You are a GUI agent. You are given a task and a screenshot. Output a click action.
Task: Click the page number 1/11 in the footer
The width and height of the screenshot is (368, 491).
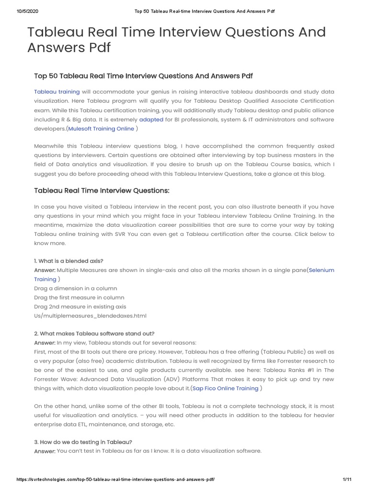click(x=347, y=479)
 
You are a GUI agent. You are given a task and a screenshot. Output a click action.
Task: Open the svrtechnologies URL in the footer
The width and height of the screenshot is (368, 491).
click(x=115, y=479)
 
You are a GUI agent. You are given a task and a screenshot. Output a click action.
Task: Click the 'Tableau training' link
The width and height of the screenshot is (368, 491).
click(x=50, y=92)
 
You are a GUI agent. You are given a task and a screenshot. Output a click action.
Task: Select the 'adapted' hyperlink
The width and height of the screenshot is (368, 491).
click(x=151, y=119)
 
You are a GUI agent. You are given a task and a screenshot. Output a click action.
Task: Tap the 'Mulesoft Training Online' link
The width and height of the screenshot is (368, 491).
click(x=101, y=129)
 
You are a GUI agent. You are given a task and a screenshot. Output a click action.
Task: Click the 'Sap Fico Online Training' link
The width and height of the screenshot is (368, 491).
click(x=225, y=388)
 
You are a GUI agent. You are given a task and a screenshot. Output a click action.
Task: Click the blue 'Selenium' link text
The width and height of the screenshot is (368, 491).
click(x=322, y=270)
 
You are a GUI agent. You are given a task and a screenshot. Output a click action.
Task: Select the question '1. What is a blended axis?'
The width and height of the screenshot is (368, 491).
click(x=69, y=261)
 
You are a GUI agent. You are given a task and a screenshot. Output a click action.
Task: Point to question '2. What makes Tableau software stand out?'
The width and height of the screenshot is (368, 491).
click(x=94, y=333)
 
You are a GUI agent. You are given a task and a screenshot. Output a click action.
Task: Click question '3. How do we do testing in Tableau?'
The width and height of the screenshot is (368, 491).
click(x=83, y=442)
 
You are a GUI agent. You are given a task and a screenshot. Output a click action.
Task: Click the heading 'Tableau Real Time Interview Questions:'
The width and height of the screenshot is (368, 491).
click(x=102, y=190)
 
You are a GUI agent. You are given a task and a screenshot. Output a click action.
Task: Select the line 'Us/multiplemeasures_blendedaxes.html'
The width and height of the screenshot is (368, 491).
click(x=90, y=316)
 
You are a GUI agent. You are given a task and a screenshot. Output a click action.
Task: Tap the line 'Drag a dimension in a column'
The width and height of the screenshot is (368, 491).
click(x=75, y=288)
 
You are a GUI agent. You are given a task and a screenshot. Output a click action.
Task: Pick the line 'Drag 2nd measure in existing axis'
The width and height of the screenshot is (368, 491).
click(x=80, y=306)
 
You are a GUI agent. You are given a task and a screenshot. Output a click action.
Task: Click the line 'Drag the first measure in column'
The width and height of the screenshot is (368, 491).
click(x=79, y=297)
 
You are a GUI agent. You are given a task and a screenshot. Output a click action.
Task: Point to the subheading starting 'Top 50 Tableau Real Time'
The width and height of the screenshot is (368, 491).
click(x=143, y=76)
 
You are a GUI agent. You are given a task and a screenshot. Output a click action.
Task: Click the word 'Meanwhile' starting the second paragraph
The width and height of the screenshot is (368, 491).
click(x=50, y=146)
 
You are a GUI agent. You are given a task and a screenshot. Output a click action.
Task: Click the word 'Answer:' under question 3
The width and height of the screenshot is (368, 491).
click(x=45, y=451)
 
